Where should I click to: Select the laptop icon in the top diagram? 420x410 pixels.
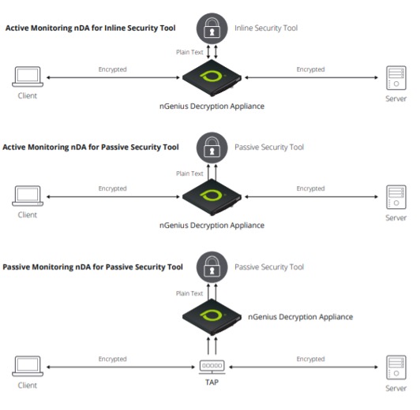point(28,77)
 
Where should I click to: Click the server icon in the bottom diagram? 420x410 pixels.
point(395,367)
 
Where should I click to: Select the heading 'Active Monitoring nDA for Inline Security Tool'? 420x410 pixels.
point(90,28)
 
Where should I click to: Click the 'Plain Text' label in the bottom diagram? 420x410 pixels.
point(189,293)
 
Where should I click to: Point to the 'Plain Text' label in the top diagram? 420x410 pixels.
point(189,53)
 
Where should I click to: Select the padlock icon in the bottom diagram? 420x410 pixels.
point(210,268)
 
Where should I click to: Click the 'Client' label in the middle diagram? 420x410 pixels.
point(28,214)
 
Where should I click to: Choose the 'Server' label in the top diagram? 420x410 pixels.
point(396,99)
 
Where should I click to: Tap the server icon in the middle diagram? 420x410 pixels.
point(395,196)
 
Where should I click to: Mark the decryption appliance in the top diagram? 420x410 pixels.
point(210,77)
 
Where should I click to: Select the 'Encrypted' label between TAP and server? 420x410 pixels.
point(310,359)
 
